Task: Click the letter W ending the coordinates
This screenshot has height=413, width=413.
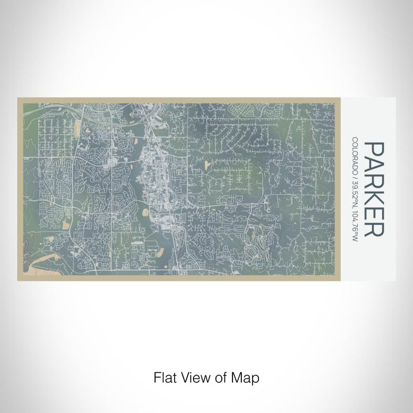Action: click(x=355, y=239)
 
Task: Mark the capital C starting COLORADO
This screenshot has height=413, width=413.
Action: click(x=355, y=139)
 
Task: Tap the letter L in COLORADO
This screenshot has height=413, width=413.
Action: click(x=355, y=150)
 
